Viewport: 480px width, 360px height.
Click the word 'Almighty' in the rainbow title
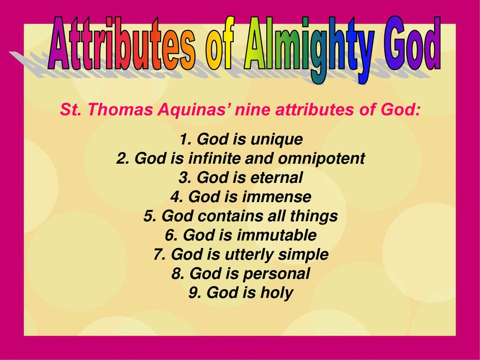[309, 49]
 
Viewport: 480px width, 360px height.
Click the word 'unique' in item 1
[277, 140]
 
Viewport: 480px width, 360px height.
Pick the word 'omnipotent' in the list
[322, 159]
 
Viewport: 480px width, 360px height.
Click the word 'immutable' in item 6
[277, 235]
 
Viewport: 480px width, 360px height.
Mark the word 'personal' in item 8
[277, 274]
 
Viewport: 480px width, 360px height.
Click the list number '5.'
[150, 216]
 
